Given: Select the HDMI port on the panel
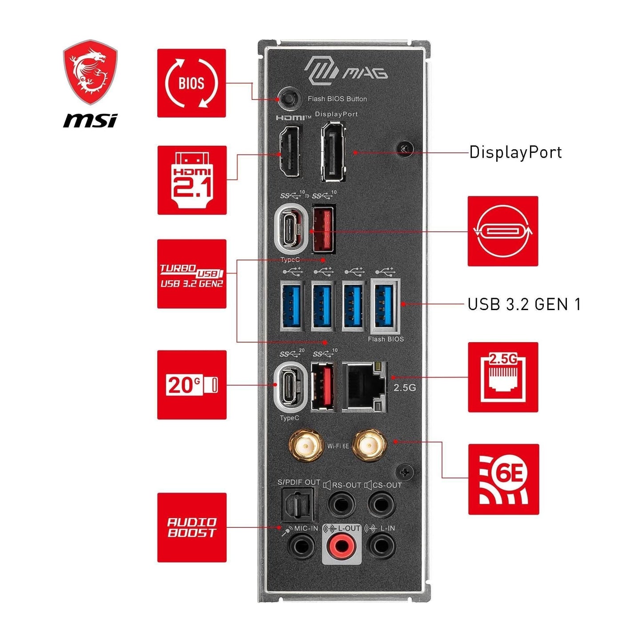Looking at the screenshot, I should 289,151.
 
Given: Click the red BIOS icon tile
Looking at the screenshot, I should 191,83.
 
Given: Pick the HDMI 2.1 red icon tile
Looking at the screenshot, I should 192,180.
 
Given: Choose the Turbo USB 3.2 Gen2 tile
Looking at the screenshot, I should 192,274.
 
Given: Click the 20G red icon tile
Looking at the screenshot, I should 192,385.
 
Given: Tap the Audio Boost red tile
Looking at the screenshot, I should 192,527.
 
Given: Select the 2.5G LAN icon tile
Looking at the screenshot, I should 503,377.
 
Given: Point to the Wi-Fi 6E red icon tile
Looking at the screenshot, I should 503,479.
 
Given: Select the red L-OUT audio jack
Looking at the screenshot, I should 341,545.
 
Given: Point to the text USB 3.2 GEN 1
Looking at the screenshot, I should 524,304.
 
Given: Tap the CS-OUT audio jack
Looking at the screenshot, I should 381,504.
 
